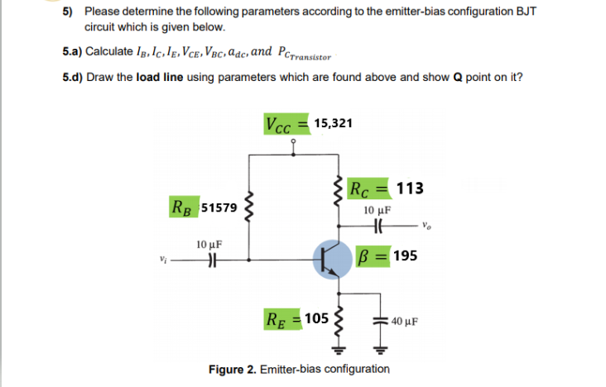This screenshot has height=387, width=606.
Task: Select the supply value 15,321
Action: tap(333, 123)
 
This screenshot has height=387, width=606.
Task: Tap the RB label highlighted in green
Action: tap(184, 204)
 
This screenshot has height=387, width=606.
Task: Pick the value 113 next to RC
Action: tap(410, 188)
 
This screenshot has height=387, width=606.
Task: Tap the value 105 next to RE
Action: tap(317, 318)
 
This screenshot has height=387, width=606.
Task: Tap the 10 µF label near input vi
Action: tap(209, 245)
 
